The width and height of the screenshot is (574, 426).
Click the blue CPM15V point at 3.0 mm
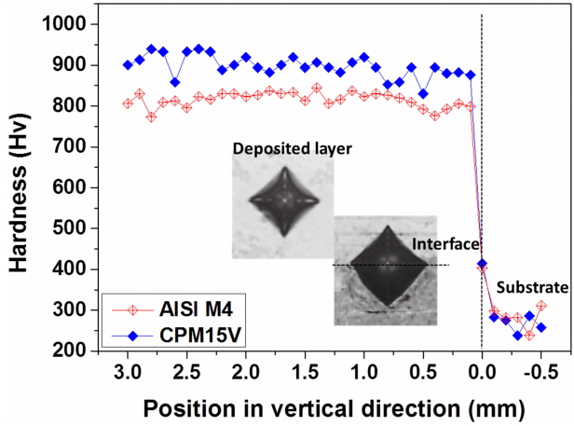pyautogui.click(x=128, y=65)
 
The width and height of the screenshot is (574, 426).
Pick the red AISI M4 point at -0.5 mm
pyautogui.click(x=541, y=306)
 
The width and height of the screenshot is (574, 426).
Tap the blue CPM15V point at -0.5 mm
pyautogui.click(x=541, y=328)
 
